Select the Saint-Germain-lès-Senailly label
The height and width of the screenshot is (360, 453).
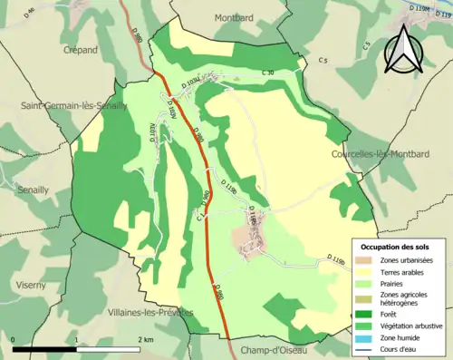[74, 105]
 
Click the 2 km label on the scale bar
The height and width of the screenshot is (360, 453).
[145, 340]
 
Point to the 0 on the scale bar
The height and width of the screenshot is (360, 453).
[14, 340]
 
